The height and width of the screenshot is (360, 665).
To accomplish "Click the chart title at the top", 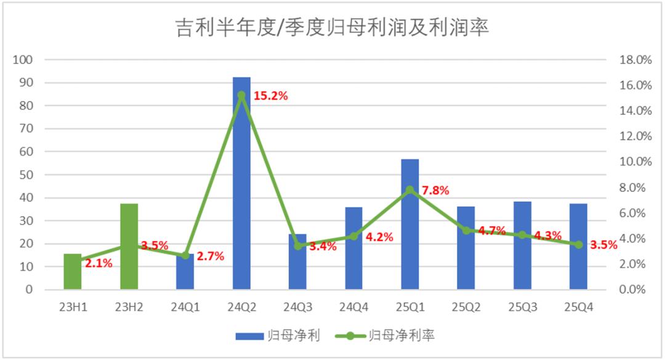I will (332, 28).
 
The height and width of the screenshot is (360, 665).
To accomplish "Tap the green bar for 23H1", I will (73, 271).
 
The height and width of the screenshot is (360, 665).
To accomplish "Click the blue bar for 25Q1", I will (409, 224).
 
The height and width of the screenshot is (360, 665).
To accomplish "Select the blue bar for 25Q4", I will (578, 246).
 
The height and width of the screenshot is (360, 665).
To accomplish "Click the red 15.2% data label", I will (271, 96).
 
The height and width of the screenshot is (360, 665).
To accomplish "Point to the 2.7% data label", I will (210, 255).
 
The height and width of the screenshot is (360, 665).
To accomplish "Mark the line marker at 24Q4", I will (353, 236).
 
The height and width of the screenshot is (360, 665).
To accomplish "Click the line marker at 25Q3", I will (522, 234).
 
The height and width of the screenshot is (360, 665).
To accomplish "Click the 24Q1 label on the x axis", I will (185, 306).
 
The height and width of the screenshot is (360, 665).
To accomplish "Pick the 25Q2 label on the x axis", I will (465, 306).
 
